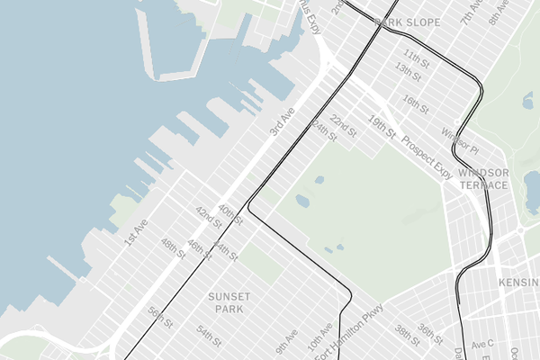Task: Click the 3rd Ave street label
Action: click(x=282, y=122)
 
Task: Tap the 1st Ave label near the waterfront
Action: click(x=135, y=234)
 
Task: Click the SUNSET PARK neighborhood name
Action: click(x=229, y=302)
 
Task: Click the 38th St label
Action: click(x=407, y=334)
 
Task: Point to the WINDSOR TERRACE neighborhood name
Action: click(x=483, y=178)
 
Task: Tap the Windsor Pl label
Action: click(x=460, y=139)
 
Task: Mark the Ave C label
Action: click(x=483, y=344)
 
